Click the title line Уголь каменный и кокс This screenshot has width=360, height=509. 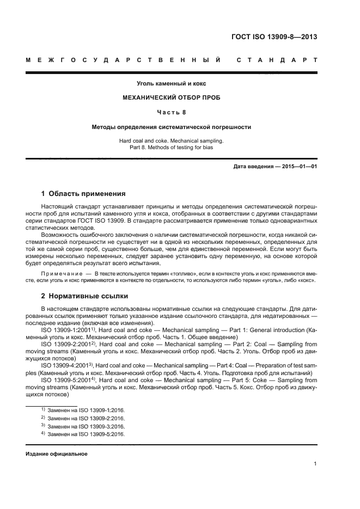pos(171,83)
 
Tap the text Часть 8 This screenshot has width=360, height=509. pos(171,112)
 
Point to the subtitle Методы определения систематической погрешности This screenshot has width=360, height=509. pos(171,127)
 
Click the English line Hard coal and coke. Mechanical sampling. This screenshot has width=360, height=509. pos(171,140)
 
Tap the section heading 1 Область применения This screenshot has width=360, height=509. pos(84,193)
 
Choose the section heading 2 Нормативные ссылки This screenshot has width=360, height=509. pos(85,297)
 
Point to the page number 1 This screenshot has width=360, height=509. pos(315,464)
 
